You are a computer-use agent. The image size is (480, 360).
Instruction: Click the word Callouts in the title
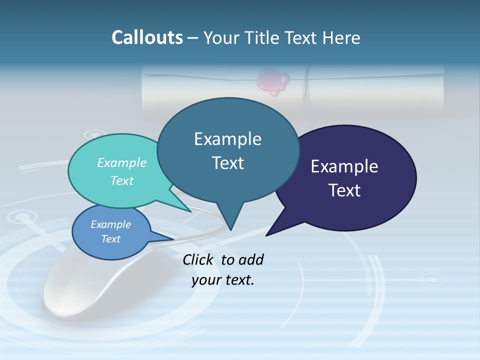(x=147, y=37)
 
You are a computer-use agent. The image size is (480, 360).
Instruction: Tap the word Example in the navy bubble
(x=344, y=166)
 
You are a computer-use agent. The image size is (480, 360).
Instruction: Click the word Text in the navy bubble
(x=344, y=190)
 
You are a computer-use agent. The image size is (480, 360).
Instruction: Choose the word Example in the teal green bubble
(x=122, y=162)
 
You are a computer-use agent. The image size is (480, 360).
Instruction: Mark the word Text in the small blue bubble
(x=111, y=239)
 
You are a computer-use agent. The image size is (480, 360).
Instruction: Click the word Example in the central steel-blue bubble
(x=227, y=139)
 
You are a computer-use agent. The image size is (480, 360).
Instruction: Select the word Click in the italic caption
(x=199, y=259)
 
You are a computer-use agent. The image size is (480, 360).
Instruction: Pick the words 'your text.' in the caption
(x=223, y=280)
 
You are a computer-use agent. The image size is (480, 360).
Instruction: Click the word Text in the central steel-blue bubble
(x=227, y=163)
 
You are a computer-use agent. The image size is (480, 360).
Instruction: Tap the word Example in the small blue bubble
(x=111, y=224)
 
